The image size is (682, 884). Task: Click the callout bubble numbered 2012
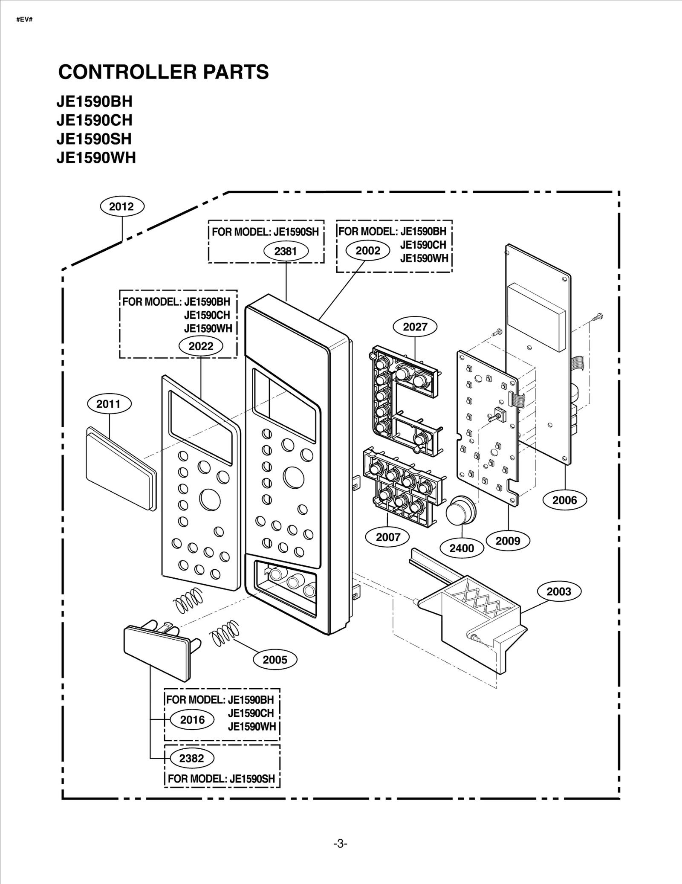122,206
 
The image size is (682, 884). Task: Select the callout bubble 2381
285,251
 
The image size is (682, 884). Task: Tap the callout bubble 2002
367,250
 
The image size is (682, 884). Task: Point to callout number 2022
201,346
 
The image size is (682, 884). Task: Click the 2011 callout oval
108,404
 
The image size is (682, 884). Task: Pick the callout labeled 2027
415,327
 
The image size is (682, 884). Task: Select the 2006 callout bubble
564,500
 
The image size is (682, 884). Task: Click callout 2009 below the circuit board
508,541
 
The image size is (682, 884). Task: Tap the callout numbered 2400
462,548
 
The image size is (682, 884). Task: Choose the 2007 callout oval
387,537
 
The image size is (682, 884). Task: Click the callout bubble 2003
558,591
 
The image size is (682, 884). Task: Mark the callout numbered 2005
275,660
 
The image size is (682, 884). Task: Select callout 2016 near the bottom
192,720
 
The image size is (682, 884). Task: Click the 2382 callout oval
191,758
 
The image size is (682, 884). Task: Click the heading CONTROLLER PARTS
163,72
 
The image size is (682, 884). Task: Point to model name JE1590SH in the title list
94,139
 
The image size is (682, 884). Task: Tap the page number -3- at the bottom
340,844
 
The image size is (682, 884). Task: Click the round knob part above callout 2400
460,510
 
